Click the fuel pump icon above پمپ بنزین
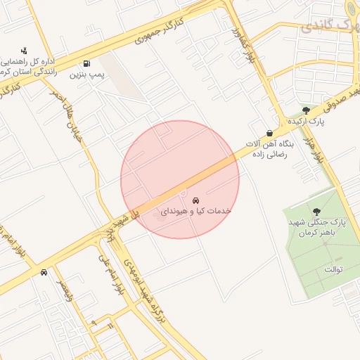click(x=86, y=63)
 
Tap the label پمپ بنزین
click(x=86, y=73)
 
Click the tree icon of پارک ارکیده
click(x=305, y=110)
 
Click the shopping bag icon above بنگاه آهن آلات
click(x=269, y=133)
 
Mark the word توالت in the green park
click(x=333, y=269)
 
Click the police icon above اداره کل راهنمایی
click(x=25, y=50)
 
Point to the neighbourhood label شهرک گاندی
click(x=329, y=27)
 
